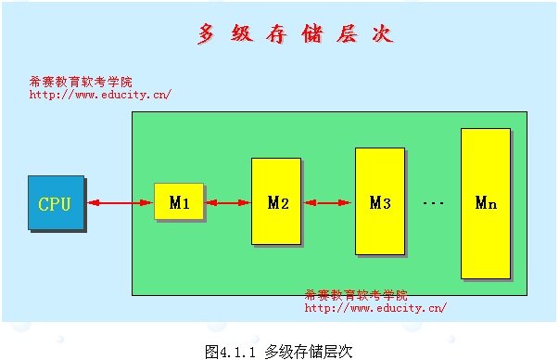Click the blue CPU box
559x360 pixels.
[57, 202]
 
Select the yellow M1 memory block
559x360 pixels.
[179, 201]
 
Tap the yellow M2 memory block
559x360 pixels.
[276, 201]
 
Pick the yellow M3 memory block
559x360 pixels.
[380, 201]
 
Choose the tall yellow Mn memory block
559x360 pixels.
[486, 203]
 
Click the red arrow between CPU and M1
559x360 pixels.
[120, 203]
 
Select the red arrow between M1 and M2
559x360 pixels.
[228, 203]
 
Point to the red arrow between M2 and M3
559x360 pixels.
[327, 203]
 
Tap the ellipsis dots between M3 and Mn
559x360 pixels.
[433, 203]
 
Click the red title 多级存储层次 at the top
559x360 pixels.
[296, 34]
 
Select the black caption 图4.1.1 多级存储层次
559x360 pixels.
[279, 352]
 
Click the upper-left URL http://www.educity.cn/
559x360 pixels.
[100, 95]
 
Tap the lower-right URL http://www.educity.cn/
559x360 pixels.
[375, 308]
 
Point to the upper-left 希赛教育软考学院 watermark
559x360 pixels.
[81, 82]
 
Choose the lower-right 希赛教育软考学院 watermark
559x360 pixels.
[356, 295]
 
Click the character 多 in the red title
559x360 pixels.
[207, 34]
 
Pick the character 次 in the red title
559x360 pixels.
[383, 34]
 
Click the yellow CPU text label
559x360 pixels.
[55, 204]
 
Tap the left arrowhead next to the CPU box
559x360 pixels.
[94, 203]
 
